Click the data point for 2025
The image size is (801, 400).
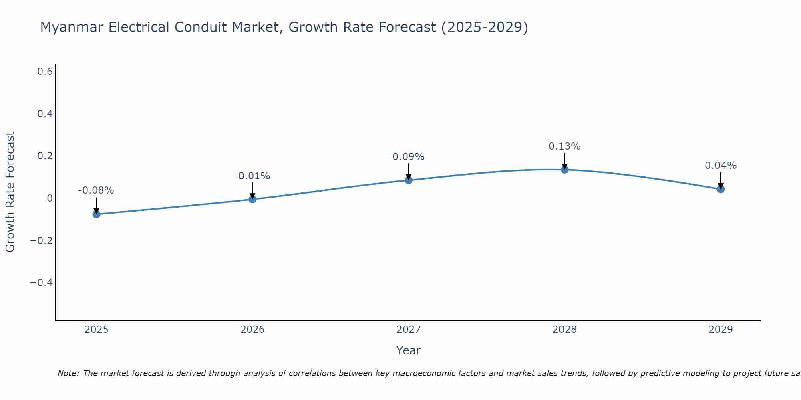(96, 214)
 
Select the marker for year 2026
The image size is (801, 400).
(252, 199)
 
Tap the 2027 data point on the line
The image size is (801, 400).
(409, 180)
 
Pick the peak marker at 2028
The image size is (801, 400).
(564, 170)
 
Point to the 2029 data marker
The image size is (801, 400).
(720, 189)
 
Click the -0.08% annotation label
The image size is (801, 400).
(96, 190)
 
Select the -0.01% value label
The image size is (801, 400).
(252, 176)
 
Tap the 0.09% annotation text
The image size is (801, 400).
(408, 157)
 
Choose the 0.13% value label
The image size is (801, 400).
(564, 146)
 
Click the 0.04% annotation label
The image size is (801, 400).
(720, 166)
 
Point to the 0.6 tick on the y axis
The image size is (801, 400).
(45, 72)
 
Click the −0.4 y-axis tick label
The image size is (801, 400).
(41, 283)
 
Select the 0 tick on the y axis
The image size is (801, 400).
(50, 198)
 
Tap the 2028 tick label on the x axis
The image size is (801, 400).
(564, 330)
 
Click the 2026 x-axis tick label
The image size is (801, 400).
(252, 330)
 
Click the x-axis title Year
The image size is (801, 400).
(408, 350)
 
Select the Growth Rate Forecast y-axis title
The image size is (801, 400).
(10, 192)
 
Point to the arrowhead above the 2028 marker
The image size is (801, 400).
(564, 166)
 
